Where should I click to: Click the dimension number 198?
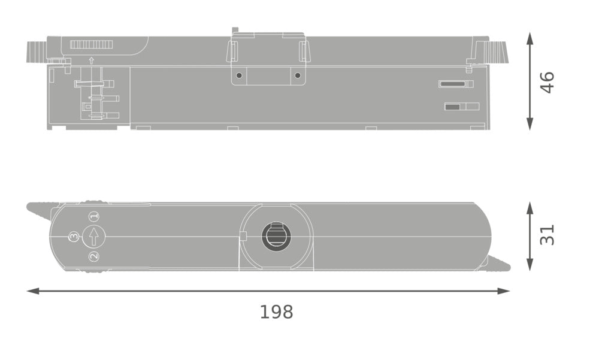(x=276, y=312)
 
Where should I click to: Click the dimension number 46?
(x=547, y=82)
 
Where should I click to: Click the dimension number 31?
(x=547, y=234)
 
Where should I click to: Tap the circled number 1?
(x=94, y=216)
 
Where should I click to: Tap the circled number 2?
(x=94, y=256)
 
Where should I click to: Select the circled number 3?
(x=74, y=237)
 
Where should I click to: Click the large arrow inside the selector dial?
(x=93, y=237)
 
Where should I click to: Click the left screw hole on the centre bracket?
(x=239, y=75)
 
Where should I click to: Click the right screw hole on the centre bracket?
(x=298, y=75)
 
